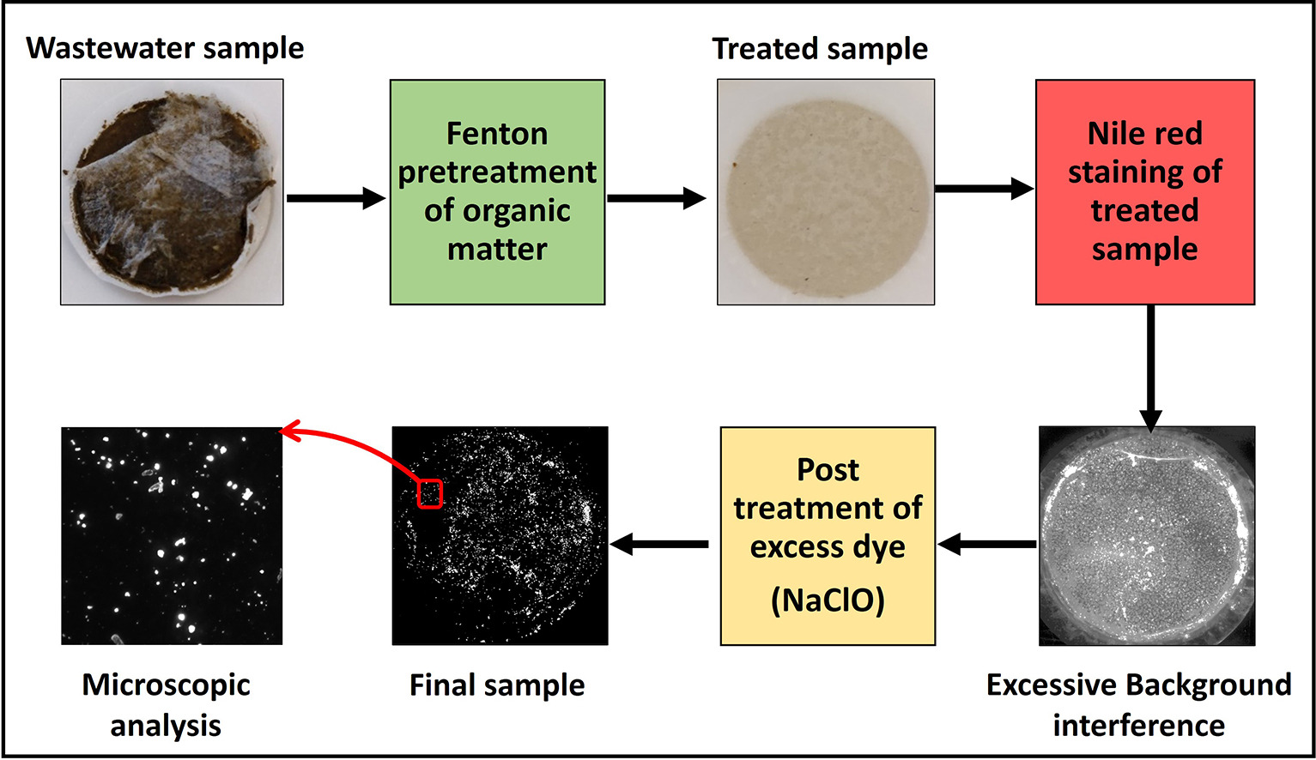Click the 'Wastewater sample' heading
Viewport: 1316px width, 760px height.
[x=165, y=49]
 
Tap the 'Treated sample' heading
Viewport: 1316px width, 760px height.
[x=820, y=49]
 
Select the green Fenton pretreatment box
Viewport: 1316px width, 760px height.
[x=498, y=192]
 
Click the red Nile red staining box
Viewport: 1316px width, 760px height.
[x=1145, y=192]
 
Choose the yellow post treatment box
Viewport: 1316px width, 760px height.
[x=828, y=536]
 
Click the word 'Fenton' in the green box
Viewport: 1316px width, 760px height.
[x=497, y=134]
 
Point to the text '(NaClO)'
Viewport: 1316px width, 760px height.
[x=828, y=601]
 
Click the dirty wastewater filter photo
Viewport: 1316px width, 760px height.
[x=173, y=192]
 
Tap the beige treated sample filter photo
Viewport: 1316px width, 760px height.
[x=826, y=192]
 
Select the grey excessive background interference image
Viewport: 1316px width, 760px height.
[x=1147, y=536]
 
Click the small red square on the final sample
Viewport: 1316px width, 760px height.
[x=429, y=493]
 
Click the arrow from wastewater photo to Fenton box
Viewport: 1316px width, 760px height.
[x=336, y=198]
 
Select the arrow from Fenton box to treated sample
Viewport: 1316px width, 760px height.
[x=657, y=198]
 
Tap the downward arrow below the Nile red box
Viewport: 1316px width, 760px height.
[x=1150, y=369]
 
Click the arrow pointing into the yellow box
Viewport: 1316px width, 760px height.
[x=987, y=544]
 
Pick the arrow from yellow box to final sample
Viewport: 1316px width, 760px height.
[x=659, y=544]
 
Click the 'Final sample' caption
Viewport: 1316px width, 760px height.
[x=497, y=685]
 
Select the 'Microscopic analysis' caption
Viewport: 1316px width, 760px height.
[x=167, y=705]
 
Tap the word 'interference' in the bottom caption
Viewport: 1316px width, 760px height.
[x=1139, y=726]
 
